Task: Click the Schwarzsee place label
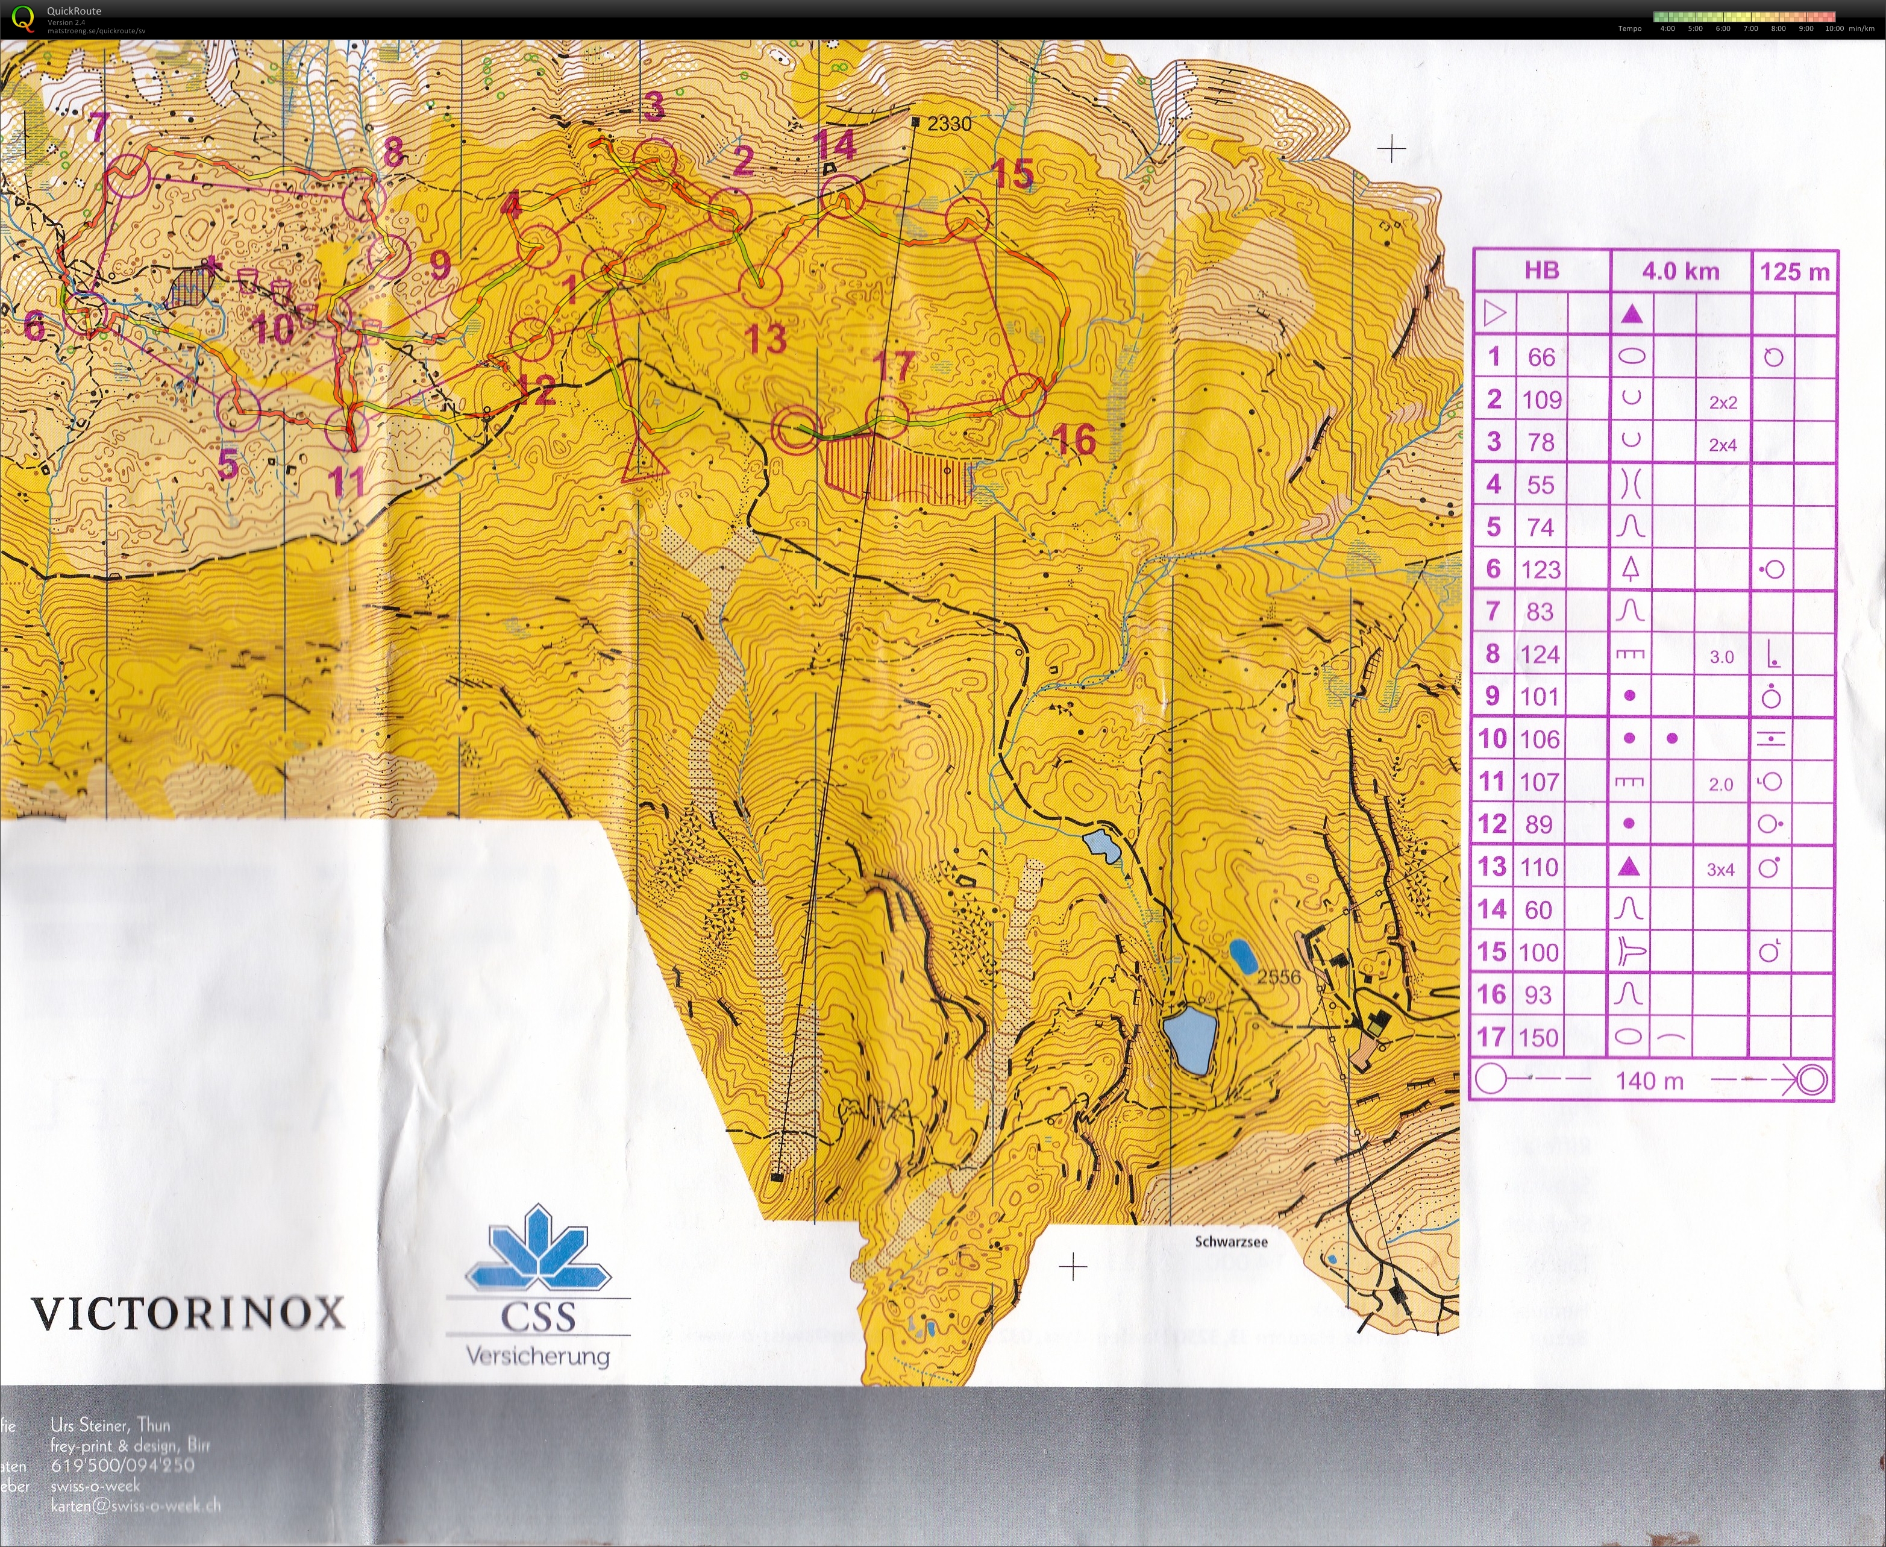point(1230,1241)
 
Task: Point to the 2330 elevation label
point(949,124)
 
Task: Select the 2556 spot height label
point(1279,977)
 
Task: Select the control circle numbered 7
point(128,175)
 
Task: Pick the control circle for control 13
point(760,285)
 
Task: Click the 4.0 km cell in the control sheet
point(1680,271)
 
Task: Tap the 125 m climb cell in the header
point(1793,271)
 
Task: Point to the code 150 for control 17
point(1538,1037)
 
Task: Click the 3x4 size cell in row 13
point(1720,869)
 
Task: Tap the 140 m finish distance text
point(1649,1081)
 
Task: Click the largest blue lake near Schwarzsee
point(1189,1039)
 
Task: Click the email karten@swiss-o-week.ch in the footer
point(136,1505)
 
